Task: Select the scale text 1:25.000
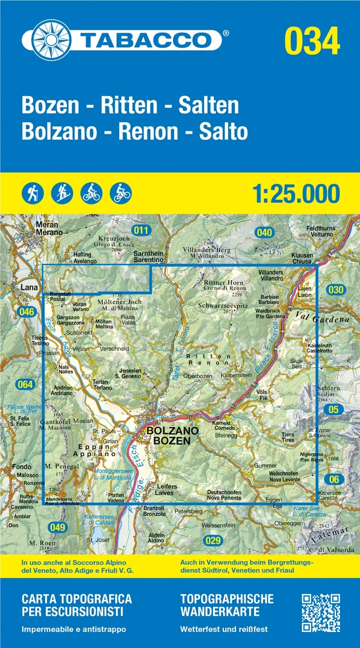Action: point(296,193)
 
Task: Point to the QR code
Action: point(320,613)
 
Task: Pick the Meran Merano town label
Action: point(47,229)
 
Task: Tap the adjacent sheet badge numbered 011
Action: point(142,230)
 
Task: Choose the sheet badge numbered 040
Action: point(264,233)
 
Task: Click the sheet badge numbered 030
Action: point(336,290)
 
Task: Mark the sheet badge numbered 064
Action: point(24,384)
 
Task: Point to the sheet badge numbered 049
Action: point(57,527)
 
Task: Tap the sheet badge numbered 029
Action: point(213,541)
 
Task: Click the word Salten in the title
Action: point(208,106)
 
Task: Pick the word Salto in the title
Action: point(223,131)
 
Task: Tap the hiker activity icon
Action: point(32,193)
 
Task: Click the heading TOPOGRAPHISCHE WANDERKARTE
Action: point(227,605)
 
